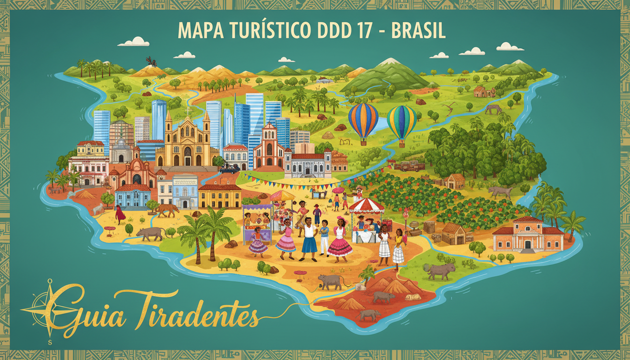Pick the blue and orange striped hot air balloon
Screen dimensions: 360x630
[x=363, y=120]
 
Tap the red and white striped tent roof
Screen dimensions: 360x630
[x=367, y=205]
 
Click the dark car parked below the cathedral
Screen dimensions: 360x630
[x=229, y=169]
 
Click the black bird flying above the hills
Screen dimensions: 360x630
[x=150, y=61]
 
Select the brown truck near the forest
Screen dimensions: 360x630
[x=409, y=165]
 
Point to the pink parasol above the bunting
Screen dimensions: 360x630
[x=338, y=190]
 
